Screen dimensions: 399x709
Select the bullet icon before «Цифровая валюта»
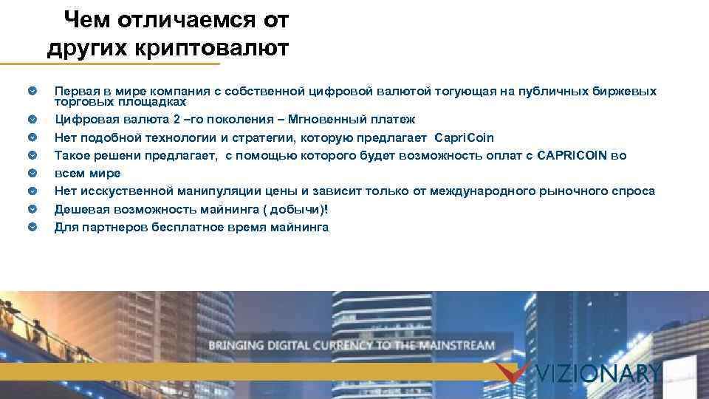[x=31, y=119]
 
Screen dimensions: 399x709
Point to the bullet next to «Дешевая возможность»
[x=31, y=209]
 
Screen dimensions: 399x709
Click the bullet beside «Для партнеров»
[x=31, y=227]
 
